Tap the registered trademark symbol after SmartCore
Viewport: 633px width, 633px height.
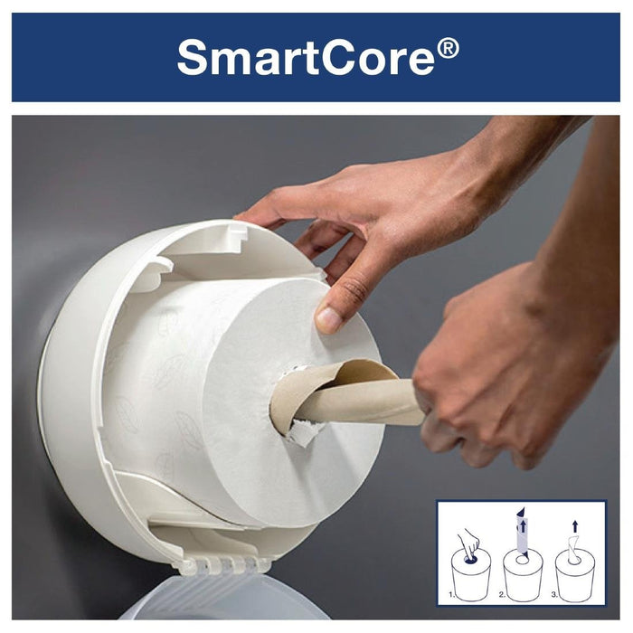tap(448, 46)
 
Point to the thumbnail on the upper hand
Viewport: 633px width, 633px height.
tap(328, 319)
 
